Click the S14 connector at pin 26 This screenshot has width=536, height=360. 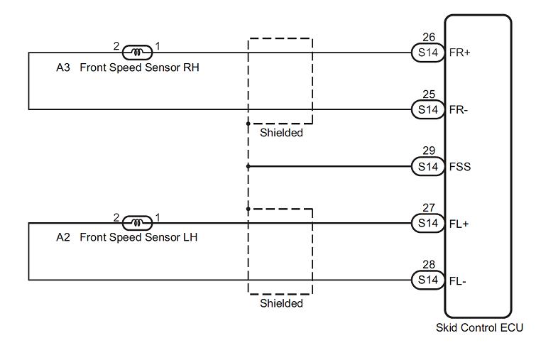pos(428,53)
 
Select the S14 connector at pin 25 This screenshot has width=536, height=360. pos(428,110)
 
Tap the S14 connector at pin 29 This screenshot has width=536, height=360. pos(428,166)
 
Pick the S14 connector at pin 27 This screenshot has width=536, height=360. pos(428,223)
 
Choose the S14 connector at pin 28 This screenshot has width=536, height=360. pos(428,280)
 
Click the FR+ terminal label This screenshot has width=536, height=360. pos(460,53)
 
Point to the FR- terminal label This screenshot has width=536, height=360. pos(459,110)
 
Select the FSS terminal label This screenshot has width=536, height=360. pos(460,167)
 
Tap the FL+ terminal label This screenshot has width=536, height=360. pos(459,224)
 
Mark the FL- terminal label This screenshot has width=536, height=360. pos(457,281)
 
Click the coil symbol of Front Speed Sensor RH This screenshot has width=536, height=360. pos(137,53)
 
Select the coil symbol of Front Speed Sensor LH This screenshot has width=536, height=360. pos(137,223)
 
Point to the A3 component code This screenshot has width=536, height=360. pos(63,67)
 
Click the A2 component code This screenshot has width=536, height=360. pos(63,237)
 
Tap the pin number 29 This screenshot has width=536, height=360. pos(429,151)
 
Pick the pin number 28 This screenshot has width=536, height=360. pos(429,264)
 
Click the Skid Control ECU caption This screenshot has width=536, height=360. pos(479,327)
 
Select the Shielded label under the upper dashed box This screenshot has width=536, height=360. pos(281,133)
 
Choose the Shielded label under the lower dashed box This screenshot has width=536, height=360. pos(281,303)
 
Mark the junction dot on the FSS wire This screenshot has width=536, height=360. pos(248,166)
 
